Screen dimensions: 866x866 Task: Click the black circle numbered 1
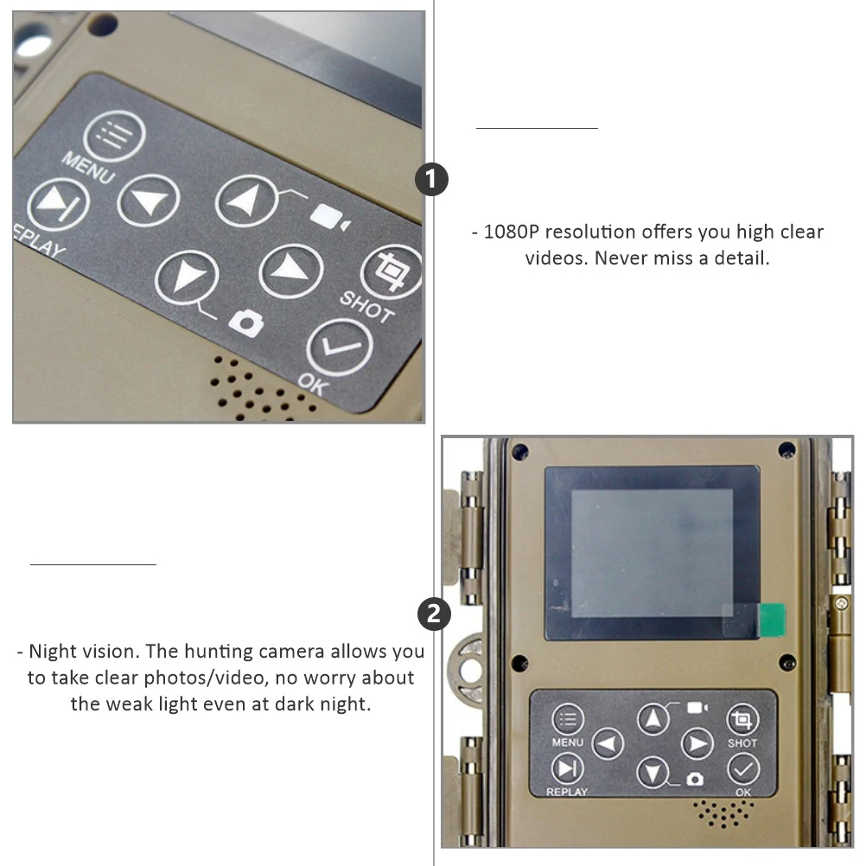click(x=432, y=180)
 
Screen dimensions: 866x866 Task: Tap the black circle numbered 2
click(x=434, y=614)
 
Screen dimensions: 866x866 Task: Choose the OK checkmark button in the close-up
click(x=340, y=348)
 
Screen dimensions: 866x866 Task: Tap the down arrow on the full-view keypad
click(x=653, y=771)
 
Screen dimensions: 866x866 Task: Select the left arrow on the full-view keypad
click(x=608, y=744)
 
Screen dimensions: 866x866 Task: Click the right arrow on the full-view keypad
click(x=697, y=743)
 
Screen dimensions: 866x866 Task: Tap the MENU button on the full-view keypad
click(x=568, y=720)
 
